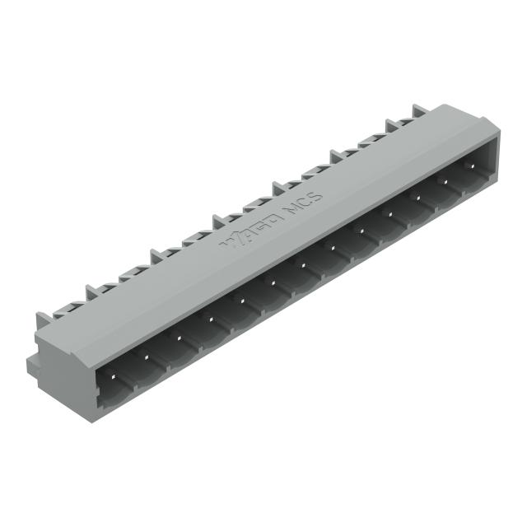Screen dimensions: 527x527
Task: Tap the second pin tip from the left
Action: click(147, 357)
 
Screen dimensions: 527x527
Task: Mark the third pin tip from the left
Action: click(177, 339)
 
